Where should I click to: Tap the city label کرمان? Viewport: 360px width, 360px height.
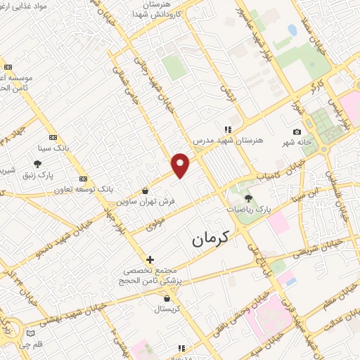pos(214,239)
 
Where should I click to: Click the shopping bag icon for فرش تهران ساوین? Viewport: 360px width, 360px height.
pos(145,191)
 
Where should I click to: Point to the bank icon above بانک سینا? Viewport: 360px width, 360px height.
pos(53,138)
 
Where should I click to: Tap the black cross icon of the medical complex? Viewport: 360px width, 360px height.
pos(150,259)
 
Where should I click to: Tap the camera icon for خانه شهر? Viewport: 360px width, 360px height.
pos(297,132)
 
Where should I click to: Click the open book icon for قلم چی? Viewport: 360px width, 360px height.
pos(30,333)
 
